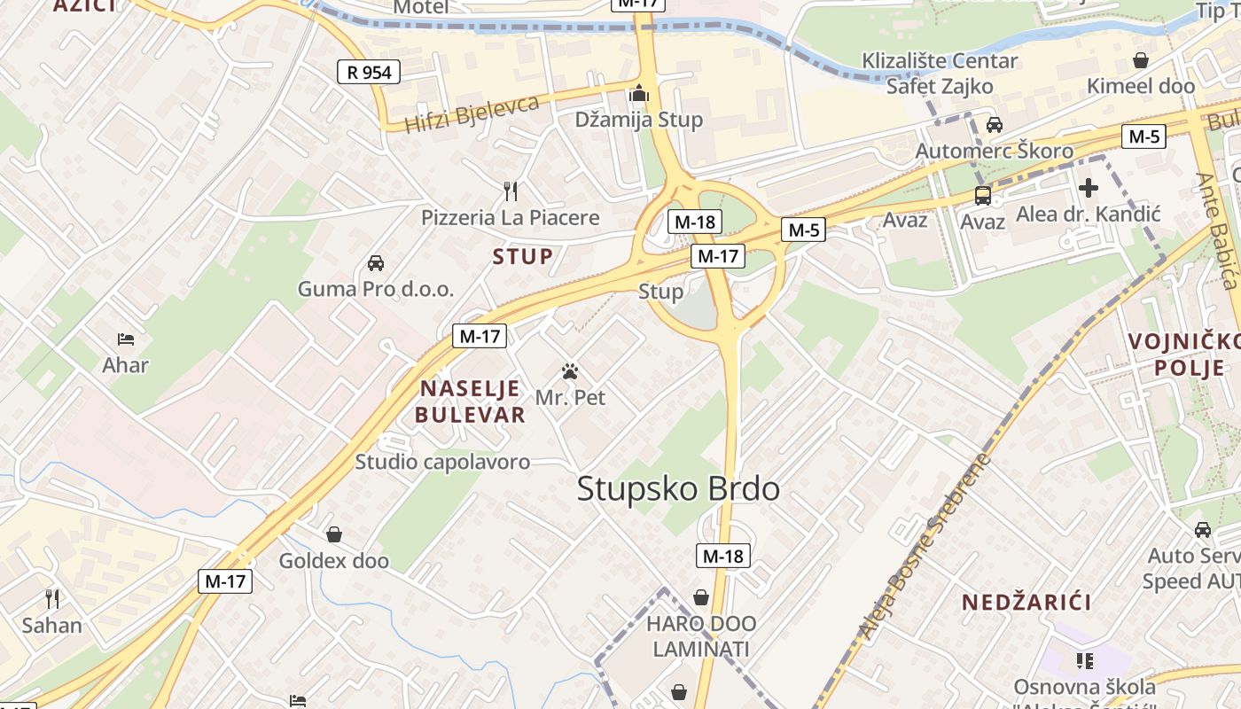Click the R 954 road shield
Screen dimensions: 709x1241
pyautogui.click(x=368, y=72)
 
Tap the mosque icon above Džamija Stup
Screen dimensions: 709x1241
pyautogui.click(x=639, y=92)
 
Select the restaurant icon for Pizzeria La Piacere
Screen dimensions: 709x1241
pyautogui.click(x=510, y=191)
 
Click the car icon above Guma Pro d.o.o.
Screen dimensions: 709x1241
pyautogui.click(x=376, y=263)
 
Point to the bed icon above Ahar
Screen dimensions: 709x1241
pyautogui.click(x=126, y=339)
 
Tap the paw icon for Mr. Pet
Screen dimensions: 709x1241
pyautogui.click(x=570, y=371)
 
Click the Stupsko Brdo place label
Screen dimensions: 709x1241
pyautogui.click(x=678, y=489)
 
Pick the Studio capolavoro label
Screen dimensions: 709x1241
pyautogui.click(x=442, y=462)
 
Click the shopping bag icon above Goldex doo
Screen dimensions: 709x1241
pyautogui.click(x=334, y=534)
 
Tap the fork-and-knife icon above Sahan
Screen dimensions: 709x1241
pyautogui.click(x=52, y=599)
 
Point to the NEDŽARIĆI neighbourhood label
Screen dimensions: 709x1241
pyautogui.click(x=1026, y=603)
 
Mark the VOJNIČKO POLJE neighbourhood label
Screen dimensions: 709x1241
pyautogui.click(x=1183, y=354)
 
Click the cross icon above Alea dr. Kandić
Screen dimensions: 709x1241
pyautogui.click(x=1088, y=188)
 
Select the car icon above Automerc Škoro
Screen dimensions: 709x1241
pyautogui.click(x=995, y=125)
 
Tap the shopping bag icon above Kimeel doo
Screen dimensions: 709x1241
pyautogui.click(x=1141, y=60)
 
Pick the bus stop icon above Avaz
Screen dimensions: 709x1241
pyautogui.click(x=982, y=196)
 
